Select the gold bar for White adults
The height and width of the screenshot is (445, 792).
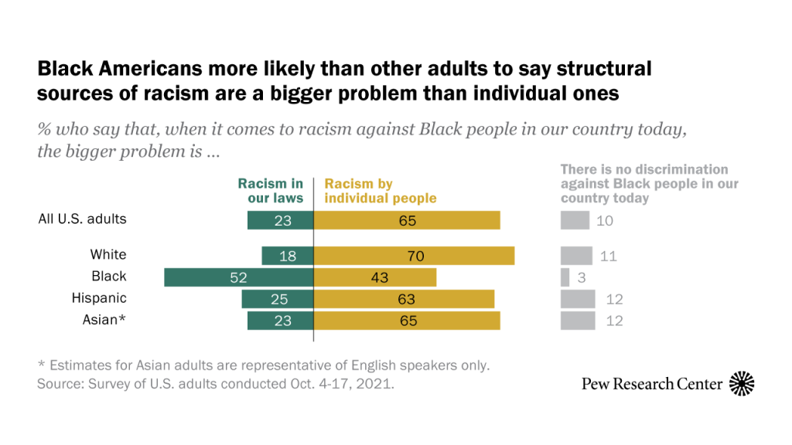tap(414, 256)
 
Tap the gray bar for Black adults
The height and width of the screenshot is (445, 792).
tap(565, 277)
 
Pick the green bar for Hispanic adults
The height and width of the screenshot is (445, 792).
tap(277, 299)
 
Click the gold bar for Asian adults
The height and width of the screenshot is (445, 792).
tap(407, 321)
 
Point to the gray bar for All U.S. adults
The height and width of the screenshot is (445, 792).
tap(574, 220)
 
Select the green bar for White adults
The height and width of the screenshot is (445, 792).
tap(287, 256)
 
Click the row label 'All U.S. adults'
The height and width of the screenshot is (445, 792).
tap(82, 219)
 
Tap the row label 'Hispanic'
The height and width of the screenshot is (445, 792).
tap(99, 298)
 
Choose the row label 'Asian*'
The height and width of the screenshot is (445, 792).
tap(104, 320)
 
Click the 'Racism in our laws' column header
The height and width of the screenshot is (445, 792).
tap(270, 191)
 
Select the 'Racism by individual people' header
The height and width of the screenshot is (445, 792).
tap(380, 191)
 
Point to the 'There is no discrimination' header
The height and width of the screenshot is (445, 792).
tap(649, 183)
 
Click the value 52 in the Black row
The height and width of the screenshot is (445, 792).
tap(238, 277)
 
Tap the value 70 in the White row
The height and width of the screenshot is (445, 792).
tap(416, 256)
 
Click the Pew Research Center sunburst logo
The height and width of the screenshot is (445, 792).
tap(742, 383)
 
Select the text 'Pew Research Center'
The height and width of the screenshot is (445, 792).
tap(652, 384)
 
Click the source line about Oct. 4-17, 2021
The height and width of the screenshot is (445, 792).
tap(216, 383)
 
